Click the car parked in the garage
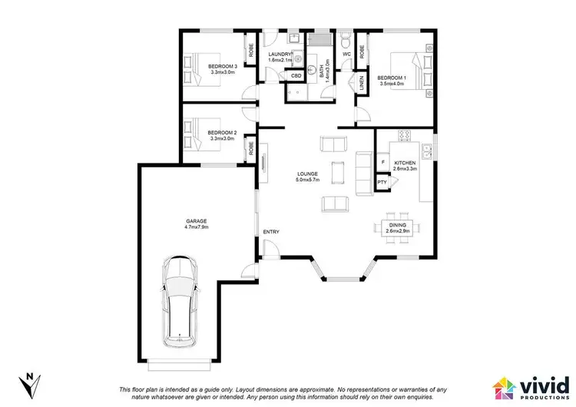pyautogui.click(x=179, y=302)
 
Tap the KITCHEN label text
pyautogui.click(x=405, y=164)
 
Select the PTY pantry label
pyautogui.click(x=382, y=182)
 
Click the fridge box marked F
pyautogui.click(x=382, y=163)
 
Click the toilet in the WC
pyautogui.click(x=347, y=40)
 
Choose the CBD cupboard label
pyautogui.click(x=296, y=75)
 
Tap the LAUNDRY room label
pyautogui.click(x=280, y=54)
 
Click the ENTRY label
pyautogui.click(x=271, y=232)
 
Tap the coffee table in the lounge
pyautogui.click(x=334, y=174)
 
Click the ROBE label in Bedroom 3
pyautogui.click(x=250, y=51)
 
